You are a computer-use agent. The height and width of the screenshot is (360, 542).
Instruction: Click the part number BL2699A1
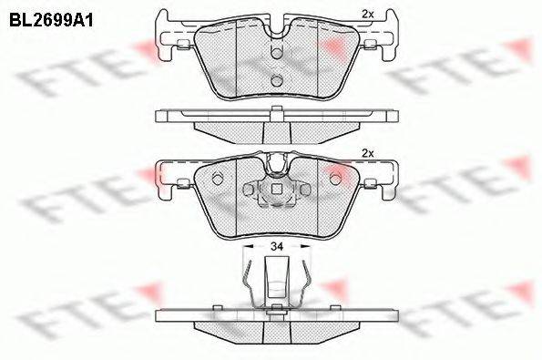pos(51,20)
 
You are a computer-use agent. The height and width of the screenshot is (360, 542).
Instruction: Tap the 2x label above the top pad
pos(367,15)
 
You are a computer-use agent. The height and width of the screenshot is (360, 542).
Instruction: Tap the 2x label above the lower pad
pos(367,153)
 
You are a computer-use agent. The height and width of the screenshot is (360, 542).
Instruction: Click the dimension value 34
pos(277,246)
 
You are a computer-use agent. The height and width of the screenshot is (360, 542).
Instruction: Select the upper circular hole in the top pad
pos(277,53)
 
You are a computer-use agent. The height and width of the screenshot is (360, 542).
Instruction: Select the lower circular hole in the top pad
pos(277,80)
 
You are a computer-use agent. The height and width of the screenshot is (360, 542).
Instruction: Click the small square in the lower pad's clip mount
pos(276,190)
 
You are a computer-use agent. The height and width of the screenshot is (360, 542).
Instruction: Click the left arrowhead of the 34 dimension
pos(249,246)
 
